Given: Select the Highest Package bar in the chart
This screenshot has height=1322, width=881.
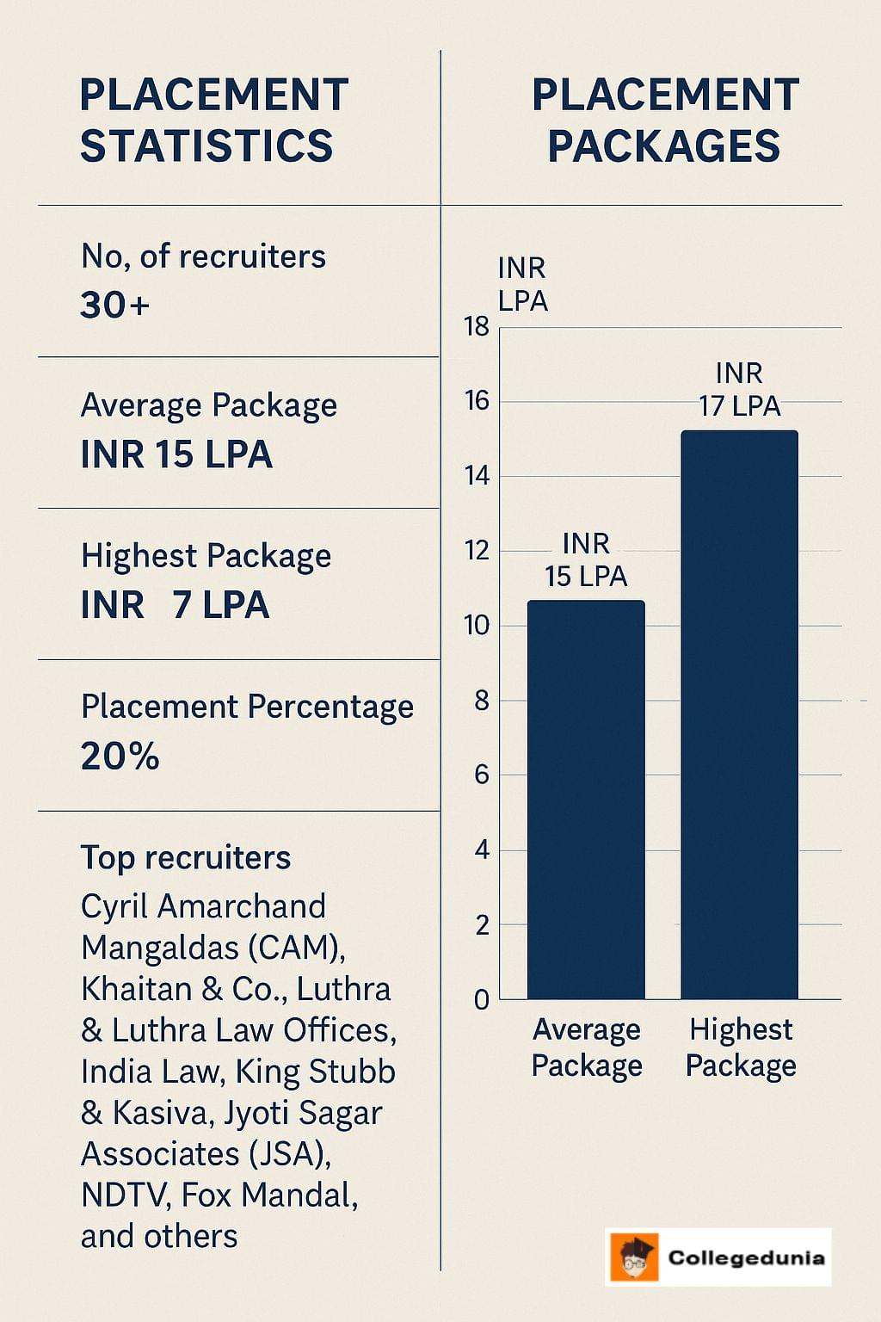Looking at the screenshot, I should click(x=739, y=714).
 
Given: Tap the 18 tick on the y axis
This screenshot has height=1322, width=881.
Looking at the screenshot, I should click(x=476, y=327).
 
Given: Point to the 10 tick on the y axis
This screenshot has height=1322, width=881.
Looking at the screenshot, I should click(x=476, y=626).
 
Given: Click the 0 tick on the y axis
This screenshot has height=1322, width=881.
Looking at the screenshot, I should click(x=481, y=1000).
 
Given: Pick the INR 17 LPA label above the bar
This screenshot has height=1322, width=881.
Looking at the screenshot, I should click(x=739, y=389).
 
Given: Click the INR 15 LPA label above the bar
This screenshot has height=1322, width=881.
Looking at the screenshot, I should click(x=586, y=559).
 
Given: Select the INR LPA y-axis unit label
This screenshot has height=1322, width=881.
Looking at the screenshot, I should click(x=522, y=284).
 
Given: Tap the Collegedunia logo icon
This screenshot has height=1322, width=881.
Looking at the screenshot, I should click(x=634, y=1257).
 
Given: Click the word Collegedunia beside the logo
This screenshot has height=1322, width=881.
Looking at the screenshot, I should click(x=746, y=1257).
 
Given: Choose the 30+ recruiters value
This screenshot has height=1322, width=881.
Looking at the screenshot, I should click(x=115, y=306).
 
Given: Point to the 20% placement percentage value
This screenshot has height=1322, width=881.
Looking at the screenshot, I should click(x=120, y=757).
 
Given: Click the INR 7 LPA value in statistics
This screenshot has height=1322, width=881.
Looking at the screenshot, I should click(x=176, y=605).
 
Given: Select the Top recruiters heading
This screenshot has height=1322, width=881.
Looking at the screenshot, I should click(x=186, y=857).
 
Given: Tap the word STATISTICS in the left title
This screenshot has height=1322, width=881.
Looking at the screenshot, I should click(x=206, y=145).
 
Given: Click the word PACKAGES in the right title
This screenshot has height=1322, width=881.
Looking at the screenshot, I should click(x=664, y=145).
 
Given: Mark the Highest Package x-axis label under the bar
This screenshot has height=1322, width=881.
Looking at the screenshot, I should click(x=741, y=1047).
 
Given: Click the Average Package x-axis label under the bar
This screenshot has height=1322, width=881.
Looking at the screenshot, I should click(x=587, y=1047).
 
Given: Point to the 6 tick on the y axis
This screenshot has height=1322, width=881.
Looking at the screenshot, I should click(x=481, y=775).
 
